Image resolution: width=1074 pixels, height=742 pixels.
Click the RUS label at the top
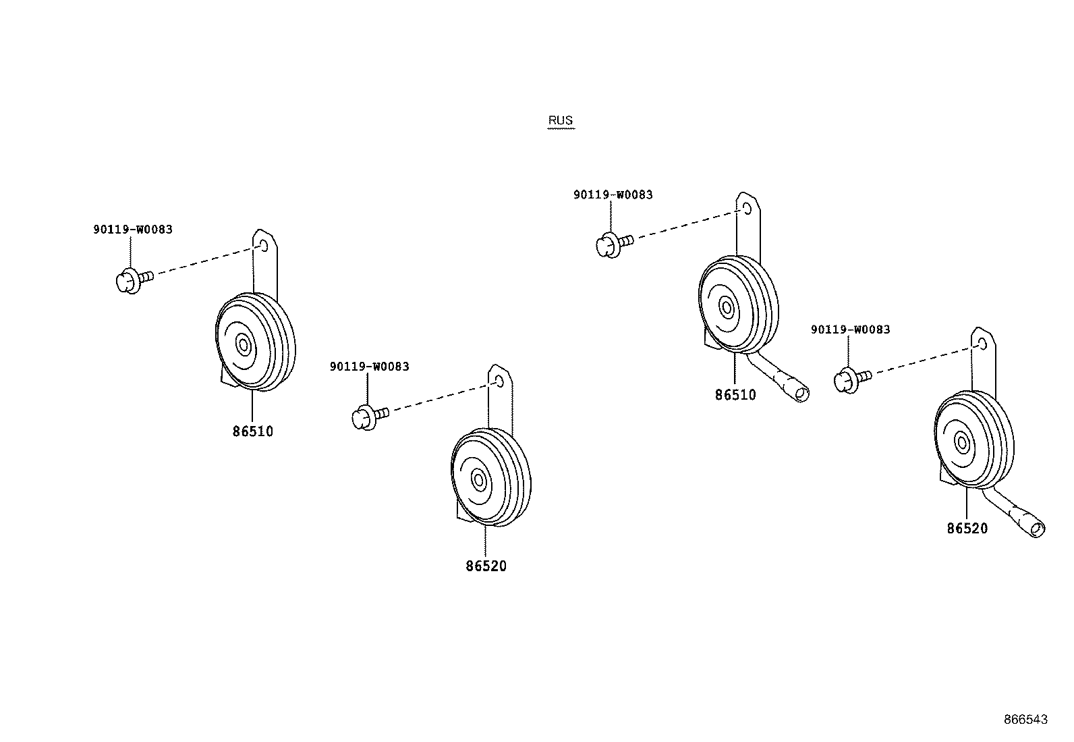560,121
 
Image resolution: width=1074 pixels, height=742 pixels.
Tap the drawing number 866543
1025,720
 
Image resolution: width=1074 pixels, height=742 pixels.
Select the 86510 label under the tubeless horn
253,431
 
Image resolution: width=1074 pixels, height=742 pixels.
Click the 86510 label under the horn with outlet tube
735,395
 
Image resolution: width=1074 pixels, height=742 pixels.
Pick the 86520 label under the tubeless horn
486,566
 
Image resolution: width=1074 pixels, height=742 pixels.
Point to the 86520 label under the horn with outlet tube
967,529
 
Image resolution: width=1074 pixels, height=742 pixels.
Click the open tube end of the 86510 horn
801,394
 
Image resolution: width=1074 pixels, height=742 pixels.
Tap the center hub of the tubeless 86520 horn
479,481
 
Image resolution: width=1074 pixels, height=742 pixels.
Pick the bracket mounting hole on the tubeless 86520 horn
500,381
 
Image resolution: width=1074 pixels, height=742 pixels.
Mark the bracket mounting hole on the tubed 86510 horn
747,207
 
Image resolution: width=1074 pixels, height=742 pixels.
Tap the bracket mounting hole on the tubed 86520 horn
982,344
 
